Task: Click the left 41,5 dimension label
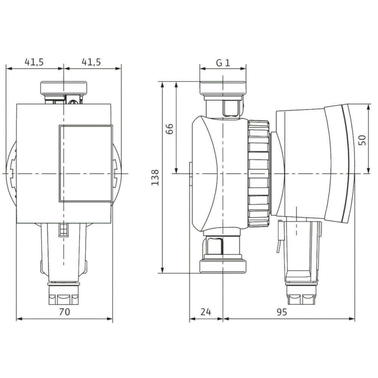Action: point(34,62)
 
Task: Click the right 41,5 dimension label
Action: point(91,62)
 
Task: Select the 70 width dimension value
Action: point(65,312)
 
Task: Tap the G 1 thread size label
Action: point(223,63)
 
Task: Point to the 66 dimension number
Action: point(170,129)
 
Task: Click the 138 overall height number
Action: point(155,177)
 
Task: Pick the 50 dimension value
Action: point(362,140)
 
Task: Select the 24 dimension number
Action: point(206,312)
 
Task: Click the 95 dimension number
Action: point(282,312)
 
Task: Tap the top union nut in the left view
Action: point(64,88)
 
